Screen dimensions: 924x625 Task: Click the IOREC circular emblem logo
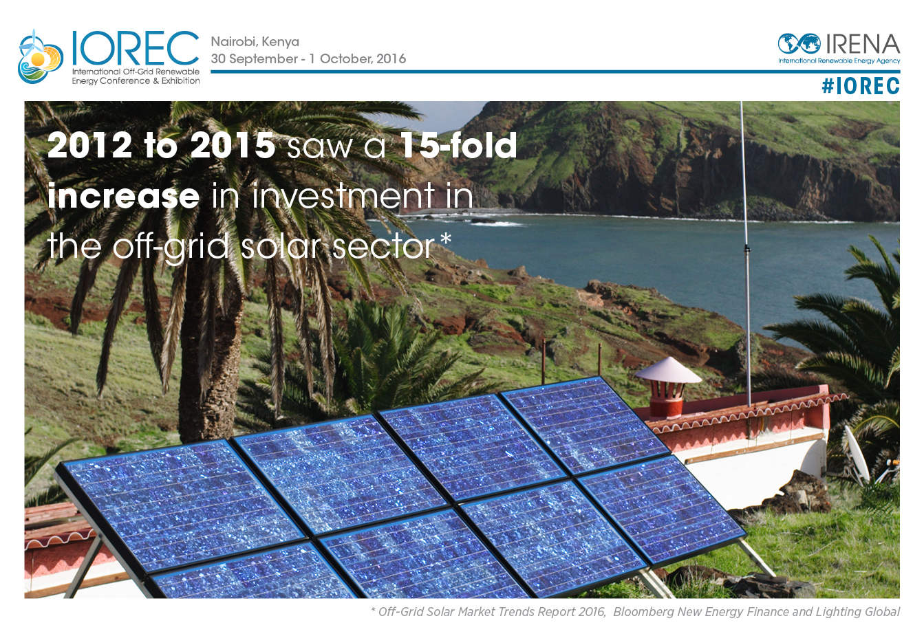tap(41, 56)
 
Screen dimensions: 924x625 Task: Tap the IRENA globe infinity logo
tap(799, 44)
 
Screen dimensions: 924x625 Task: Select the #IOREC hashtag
tap(861, 86)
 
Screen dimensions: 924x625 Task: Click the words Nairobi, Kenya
tap(255, 42)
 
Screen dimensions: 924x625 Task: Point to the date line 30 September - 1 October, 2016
tap(308, 58)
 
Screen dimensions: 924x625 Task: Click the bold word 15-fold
tap(458, 144)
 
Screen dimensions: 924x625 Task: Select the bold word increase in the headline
tap(123, 196)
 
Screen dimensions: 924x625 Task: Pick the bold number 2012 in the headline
tap(89, 145)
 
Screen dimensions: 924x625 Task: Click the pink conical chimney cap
tap(668, 369)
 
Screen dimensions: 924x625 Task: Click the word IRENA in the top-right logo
tap(863, 44)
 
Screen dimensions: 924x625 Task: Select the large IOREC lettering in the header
tap(136, 47)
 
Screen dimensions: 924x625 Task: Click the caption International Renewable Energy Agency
tap(839, 61)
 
